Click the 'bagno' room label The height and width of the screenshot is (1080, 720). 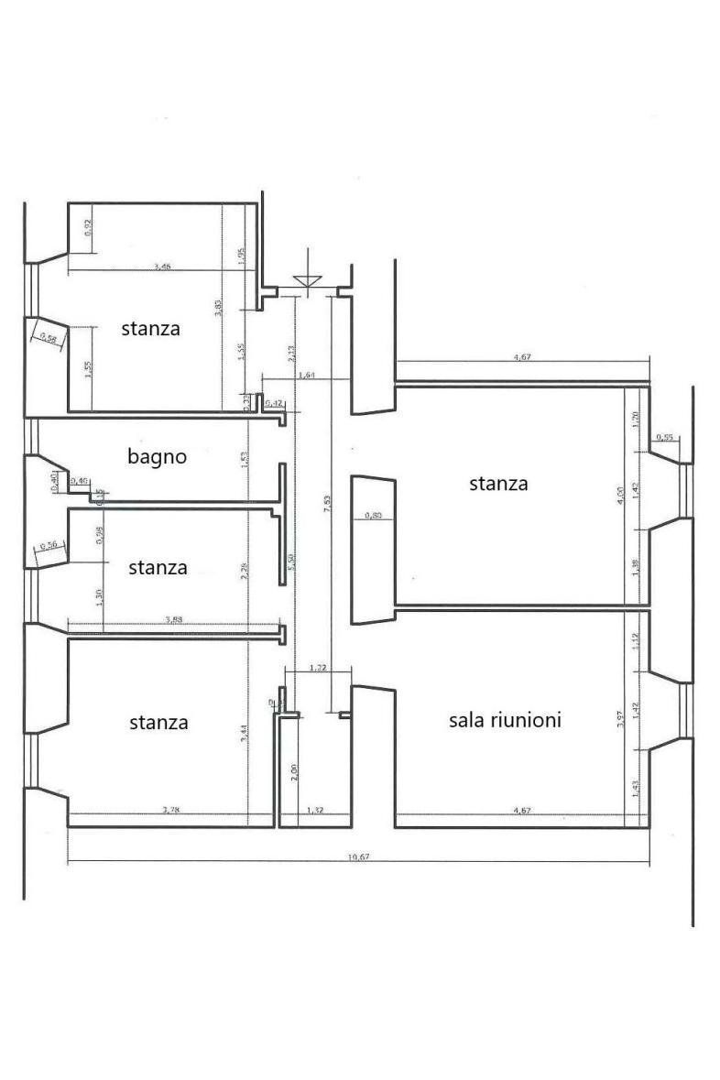pos(157,456)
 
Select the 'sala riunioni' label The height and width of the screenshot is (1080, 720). pos(505,720)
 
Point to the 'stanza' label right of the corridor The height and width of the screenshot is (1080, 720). pos(498,483)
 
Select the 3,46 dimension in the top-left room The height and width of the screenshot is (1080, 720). pos(163,267)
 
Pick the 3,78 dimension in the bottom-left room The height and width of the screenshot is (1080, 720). pos(170,809)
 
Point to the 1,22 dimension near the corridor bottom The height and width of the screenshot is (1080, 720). pos(317,669)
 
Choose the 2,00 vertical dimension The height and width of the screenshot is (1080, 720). pos(294,772)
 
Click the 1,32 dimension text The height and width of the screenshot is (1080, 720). pos(314,810)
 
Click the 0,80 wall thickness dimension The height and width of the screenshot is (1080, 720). pos(373,516)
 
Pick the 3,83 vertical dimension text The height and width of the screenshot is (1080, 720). pos(217,307)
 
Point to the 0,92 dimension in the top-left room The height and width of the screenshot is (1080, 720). pos(88,224)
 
